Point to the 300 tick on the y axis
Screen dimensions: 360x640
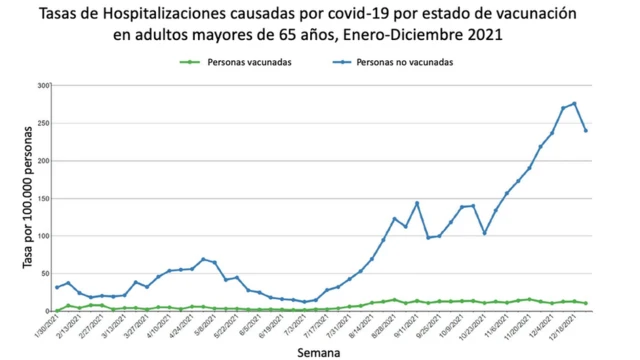(43, 86)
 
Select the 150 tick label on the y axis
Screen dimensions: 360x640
(43, 198)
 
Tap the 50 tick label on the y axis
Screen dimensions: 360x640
(45, 273)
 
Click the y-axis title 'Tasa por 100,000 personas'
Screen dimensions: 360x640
(27, 198)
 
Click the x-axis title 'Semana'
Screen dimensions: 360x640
(321, 352)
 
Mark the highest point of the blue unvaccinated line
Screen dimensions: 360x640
(574, 103)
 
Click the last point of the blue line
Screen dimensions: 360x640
(586, 131)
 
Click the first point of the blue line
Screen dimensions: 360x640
(57, 288)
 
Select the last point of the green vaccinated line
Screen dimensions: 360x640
(586, 303)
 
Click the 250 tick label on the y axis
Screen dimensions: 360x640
(43, 123)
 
